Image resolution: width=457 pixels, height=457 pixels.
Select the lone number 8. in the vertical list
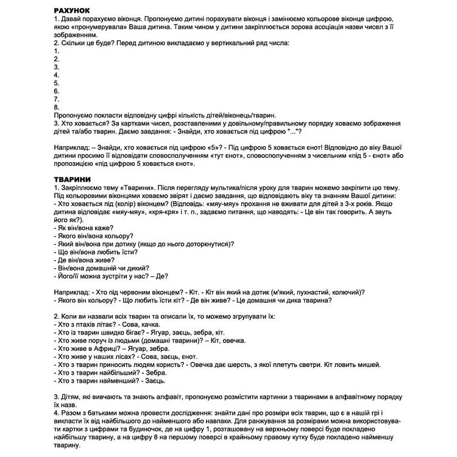[56, 106]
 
